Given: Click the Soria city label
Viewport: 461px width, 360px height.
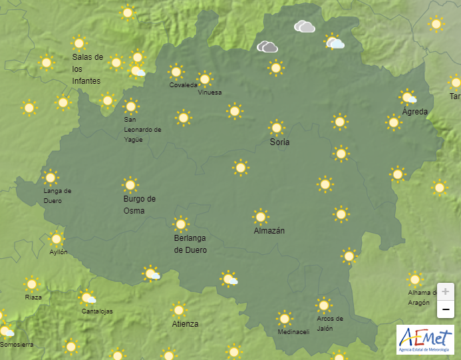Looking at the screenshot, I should point(279,142).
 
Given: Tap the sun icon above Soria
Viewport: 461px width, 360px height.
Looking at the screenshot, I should point(277,127).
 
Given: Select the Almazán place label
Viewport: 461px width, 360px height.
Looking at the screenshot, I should point(269,231).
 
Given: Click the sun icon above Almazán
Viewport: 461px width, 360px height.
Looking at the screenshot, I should point(261,216).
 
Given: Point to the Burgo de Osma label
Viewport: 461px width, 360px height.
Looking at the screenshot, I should point(139,204).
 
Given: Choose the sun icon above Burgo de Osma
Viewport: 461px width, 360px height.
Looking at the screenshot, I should point(130,184).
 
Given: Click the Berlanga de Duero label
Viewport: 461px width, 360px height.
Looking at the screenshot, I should point(190,244).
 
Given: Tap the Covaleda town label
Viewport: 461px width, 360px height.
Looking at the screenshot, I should point(183,85).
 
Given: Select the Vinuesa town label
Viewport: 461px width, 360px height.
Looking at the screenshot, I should point(210,92).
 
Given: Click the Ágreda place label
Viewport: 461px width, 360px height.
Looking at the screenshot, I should point(415,111).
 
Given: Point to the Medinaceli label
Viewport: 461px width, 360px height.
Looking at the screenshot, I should point(293,332).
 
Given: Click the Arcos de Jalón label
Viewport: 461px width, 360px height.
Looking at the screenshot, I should point(330,323).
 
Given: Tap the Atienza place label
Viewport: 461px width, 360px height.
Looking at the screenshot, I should point(185,324).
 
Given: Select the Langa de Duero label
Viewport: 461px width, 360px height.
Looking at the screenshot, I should point(57,195).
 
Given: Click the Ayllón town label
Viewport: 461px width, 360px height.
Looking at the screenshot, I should point(59,252).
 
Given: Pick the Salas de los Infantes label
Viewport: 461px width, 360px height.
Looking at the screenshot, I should point(87,69).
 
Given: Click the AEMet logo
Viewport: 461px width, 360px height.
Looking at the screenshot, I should point(425,339).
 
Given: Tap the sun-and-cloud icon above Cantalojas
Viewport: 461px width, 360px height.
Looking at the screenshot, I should point(88,298).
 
